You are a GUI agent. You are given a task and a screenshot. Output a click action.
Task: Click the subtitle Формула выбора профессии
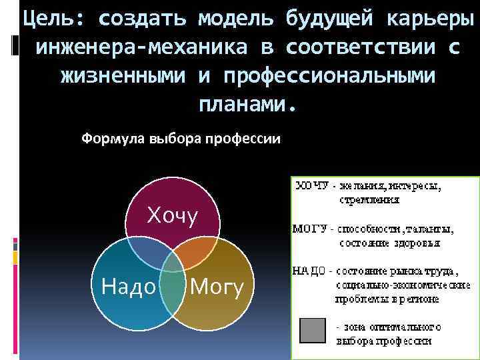(x=181, y=139)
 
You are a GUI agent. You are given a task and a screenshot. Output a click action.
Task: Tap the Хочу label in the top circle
(x=173, y=216)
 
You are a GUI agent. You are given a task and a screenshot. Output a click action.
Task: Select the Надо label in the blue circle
(x=129, y=286)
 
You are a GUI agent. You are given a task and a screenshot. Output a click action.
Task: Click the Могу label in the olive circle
(x=217, y=286)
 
